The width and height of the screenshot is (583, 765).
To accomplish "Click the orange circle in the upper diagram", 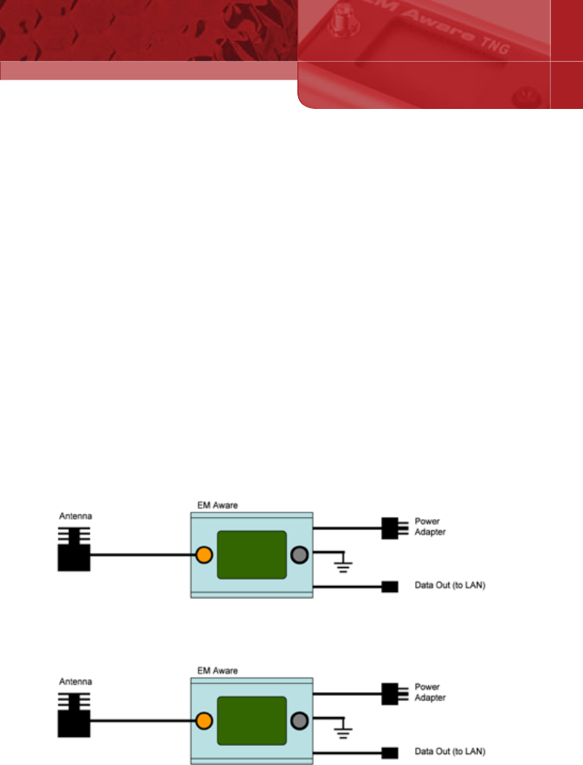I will pos(204,555).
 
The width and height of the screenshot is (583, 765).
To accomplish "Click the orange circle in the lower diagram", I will pos(204,721).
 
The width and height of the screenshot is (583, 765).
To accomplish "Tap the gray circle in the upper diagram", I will pos(299,555).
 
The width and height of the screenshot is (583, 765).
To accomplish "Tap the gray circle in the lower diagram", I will pos(299,721).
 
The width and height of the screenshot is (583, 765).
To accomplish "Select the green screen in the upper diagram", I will pos(251,554).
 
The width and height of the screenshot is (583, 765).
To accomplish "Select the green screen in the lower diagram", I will pos(251,720).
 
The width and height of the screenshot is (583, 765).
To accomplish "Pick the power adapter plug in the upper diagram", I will pos(390,528).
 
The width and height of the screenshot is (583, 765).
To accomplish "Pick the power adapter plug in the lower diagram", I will pos(390,694).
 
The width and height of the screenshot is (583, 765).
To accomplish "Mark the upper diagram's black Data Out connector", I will pos(390,587).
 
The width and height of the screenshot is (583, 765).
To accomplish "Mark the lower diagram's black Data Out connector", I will pos(390,752).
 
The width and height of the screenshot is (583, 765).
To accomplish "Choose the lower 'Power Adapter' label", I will pos(431,692).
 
